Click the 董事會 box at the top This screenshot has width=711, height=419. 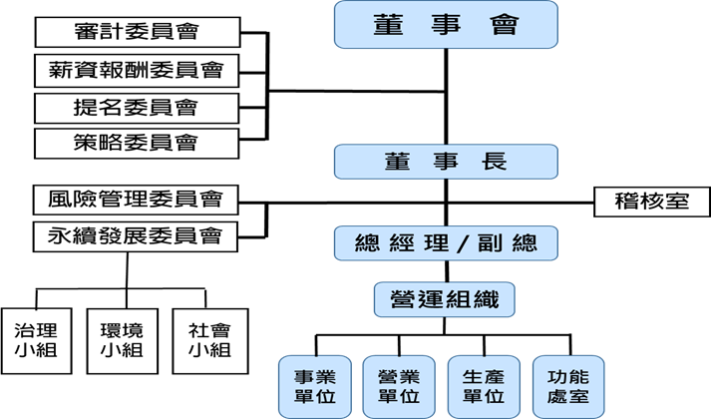point(444,25)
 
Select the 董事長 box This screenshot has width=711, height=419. point(444,163)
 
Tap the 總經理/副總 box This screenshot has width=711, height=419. point(444,242)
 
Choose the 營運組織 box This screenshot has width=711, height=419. point(444,297)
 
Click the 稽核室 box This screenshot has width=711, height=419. point(651,201)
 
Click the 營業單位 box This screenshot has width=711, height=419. point(400,386)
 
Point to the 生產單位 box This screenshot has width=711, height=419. point(485,386)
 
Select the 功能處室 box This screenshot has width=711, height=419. point(568,386)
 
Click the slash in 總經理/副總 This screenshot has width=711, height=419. point(463,242)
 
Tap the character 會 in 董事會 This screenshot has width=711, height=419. point(506,25)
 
